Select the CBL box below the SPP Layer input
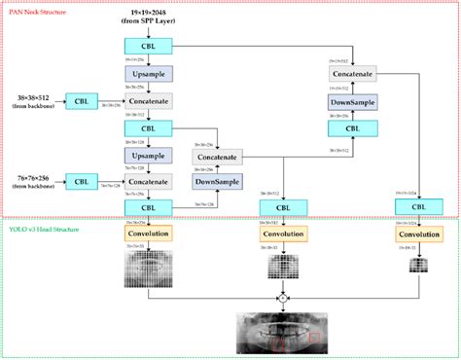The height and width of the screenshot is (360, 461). (x=149, y=46)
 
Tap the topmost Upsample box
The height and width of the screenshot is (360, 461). (x=149, y=73)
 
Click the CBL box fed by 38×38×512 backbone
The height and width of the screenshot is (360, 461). (x=82, y=100)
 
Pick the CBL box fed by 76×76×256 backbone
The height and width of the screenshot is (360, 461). (x=82, y=181)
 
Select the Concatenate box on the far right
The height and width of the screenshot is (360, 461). (x=353, y=74)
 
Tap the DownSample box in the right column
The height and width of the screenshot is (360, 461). (x=353, y=101)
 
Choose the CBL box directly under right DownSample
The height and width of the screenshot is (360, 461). (x=353, y=127)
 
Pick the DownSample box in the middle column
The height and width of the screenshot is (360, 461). (x=219, y=182)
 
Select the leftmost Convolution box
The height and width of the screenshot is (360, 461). (x=149, y=234)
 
